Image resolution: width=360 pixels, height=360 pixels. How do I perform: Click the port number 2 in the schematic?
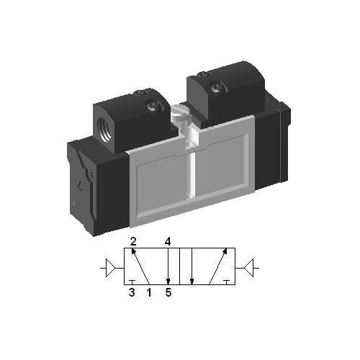133,240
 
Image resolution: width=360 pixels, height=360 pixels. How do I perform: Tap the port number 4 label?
167,240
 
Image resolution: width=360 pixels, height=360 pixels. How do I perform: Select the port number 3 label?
132,292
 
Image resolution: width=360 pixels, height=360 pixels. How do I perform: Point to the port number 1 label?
149,292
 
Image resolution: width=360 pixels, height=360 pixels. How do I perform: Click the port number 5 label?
168,292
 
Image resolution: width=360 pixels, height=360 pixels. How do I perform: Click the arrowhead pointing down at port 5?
167,281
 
